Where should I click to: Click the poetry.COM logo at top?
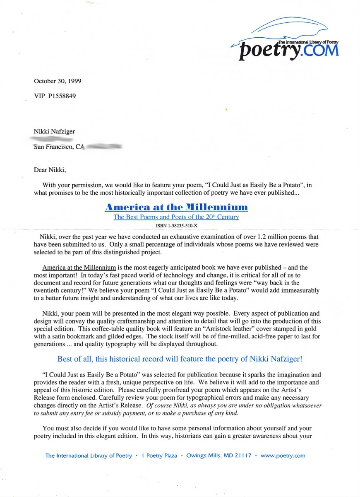point(290,48)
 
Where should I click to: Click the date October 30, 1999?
point(58,81)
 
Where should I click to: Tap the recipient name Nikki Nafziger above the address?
point(54,132)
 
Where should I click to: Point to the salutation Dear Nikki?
point(50,169)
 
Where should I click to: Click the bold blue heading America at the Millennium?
point(176,207)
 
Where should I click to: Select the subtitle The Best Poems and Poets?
point(176,217)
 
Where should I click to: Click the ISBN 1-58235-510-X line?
point(176,226)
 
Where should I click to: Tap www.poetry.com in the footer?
point(283,456)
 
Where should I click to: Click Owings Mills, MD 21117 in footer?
point(219,456)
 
